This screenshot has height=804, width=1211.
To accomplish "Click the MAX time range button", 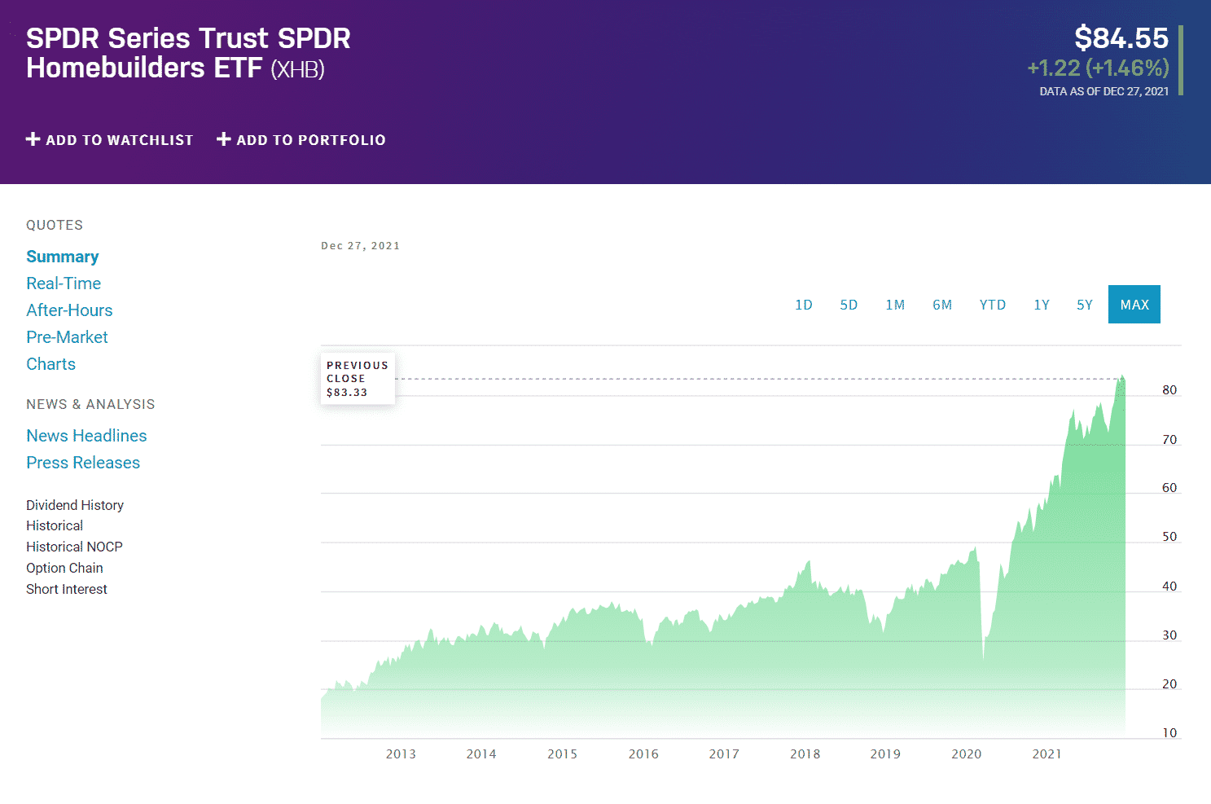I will click(x=1134, y=305).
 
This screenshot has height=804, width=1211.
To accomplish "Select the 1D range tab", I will click(x=804, y=305).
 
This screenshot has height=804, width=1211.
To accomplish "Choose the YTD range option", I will click(x=992, y=305).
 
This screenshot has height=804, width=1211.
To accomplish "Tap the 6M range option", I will click(x=942, y=305).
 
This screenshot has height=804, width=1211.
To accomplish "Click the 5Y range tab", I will click(x=1084, y=305).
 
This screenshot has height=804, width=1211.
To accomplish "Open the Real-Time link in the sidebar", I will click(x=64, y=283).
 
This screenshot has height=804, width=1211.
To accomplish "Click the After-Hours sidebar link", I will click(x=69, y=310).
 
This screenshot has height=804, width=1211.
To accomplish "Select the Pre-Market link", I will click(x=67, y=337).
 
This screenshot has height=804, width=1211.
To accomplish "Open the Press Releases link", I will click(x=83, y=463).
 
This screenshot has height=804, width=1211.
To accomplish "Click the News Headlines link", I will click(x=86, y=436).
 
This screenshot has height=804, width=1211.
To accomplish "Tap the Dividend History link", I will click(x=75, y=505).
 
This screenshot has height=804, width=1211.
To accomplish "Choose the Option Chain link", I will click(x=64, y=568).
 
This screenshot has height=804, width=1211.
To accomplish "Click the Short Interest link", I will click(x=67, y=589).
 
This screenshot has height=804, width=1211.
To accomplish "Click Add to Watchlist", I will click(x=110, y=140).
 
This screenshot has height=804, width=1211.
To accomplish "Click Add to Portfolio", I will click(x=301, y=140).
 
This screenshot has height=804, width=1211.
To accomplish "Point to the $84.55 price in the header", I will click(x=1121, y=38).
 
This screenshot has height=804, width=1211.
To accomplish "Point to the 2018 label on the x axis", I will click(x=805, y=754).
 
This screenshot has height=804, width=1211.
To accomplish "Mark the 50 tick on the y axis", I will click(x=1169, y=537).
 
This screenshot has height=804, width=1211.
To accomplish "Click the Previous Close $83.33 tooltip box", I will click(x=358, y=379).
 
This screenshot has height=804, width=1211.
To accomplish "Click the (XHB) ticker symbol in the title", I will click(x=297, y=69).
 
